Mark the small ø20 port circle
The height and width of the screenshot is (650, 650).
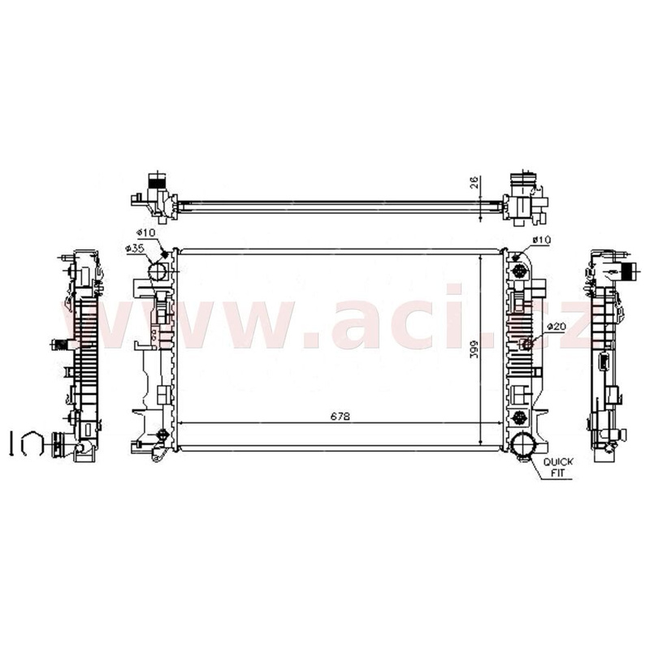point(526,344)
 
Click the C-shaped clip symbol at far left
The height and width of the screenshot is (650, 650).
point(30,443)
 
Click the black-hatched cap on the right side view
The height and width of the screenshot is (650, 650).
point(626,272)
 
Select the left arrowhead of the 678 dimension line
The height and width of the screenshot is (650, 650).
point(180,423)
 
